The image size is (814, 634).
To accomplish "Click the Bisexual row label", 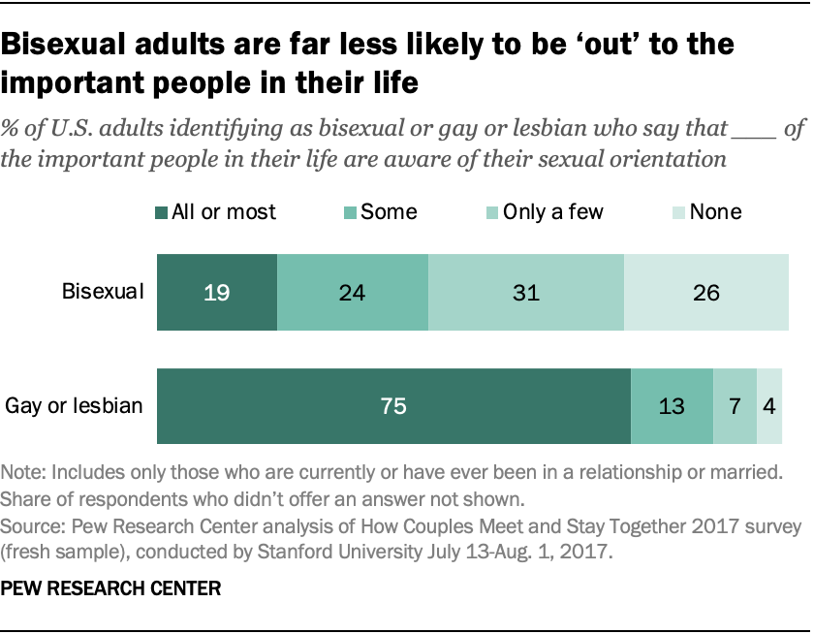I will point(103,292).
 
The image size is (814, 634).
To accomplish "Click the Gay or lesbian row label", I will point(75,405).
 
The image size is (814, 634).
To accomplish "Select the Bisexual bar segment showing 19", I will point(217,292).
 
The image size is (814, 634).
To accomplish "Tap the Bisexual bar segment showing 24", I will point(352,292).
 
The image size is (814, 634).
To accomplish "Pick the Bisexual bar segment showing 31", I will point(525,292).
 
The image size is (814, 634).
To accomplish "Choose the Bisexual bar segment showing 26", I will point(705,292).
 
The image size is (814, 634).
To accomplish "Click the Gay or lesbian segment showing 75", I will point(393,405).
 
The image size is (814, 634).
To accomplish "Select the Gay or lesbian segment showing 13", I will point(672,405).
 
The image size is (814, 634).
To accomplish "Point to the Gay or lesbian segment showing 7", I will point(735,405).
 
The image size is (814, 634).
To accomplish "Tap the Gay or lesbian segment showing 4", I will point(768,405).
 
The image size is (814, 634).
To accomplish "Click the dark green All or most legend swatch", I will point(161,212).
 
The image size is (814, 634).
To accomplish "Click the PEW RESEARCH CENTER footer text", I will point(111,587).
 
